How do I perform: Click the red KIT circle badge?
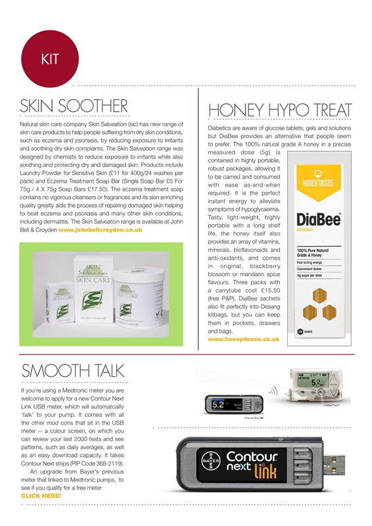(50, 59)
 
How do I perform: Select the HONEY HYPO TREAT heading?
(280, 109)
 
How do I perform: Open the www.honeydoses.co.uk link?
(243, 340)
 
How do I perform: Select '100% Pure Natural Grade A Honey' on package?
(313, 253)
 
